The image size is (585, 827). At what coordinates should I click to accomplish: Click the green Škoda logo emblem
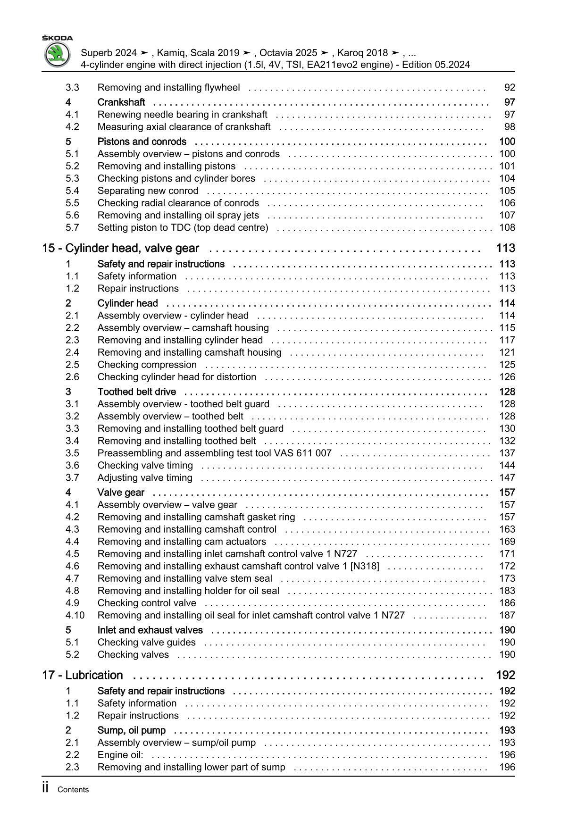57,55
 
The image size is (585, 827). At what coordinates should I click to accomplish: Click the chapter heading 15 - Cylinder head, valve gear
121,249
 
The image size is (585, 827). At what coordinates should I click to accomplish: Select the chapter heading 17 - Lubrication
83,676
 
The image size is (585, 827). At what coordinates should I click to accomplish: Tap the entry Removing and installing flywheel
168,88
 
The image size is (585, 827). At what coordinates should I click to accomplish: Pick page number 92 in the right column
510,88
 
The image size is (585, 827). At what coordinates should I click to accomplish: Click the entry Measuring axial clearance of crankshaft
184,127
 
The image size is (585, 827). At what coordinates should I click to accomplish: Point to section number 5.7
72,228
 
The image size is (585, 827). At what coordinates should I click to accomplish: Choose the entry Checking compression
147,365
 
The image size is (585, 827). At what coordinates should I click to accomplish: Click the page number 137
507,453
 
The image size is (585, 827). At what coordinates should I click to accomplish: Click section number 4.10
75,615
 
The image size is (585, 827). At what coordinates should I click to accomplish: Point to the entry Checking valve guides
147,643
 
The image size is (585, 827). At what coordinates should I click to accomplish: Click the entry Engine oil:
120,755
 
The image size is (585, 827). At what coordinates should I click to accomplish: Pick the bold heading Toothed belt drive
137,392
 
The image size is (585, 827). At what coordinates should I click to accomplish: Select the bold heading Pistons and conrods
142,142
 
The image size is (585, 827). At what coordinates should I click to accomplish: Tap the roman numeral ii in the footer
45,788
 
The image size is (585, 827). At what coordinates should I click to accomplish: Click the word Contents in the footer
73,790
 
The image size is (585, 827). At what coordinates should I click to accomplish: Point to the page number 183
507,591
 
